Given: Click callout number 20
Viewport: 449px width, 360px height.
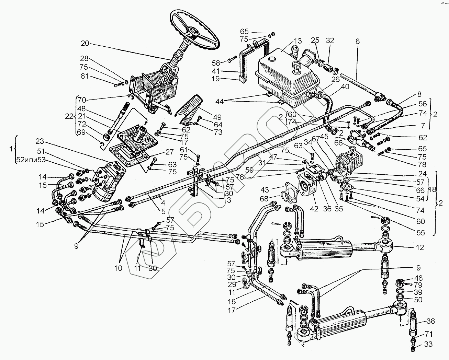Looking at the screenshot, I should (x=85, y=44).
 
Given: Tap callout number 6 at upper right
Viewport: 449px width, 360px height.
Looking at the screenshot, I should (x=358, y=41).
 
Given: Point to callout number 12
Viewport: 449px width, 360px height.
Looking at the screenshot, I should (x=419, y=247).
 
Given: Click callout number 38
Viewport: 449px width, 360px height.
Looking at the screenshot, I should (x=430, y=322).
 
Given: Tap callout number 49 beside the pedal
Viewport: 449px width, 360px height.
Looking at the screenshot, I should (x=217, y=117).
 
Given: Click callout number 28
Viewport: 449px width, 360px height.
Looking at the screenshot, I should (x=85, y=58).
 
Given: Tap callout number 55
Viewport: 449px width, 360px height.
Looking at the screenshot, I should (x=421, y=233).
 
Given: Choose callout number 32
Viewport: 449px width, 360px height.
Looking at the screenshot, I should (x=330, y=40).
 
